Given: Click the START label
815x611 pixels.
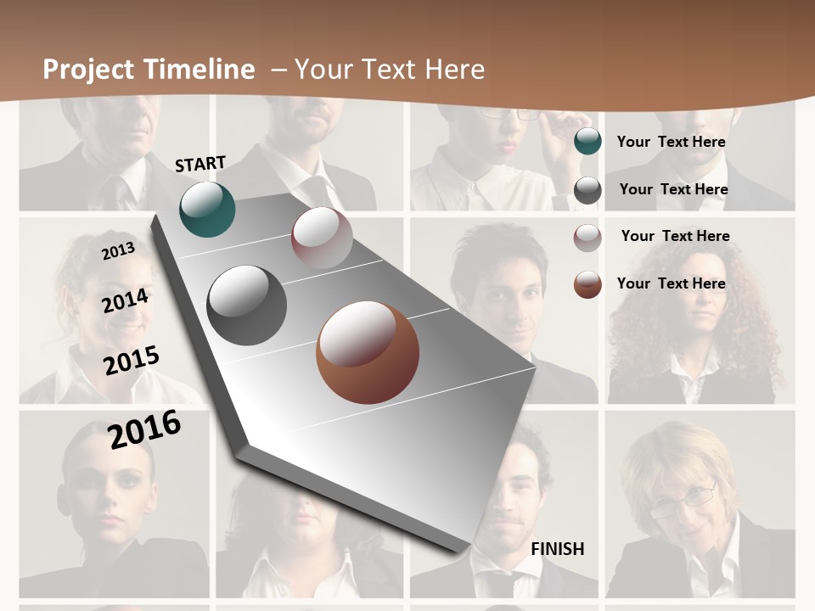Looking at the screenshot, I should tap(200, 164).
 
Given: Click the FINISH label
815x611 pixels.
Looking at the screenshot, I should tap(557, 549).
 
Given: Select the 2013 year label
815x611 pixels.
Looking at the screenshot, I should tap(118, 251).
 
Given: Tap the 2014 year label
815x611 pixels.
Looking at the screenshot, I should tap(126, 301).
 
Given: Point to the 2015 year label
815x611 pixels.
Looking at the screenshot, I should tap(132, 361).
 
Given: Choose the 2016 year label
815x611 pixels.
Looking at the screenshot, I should tap(144, 429).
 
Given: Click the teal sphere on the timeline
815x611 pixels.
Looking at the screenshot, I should tap(207, 209).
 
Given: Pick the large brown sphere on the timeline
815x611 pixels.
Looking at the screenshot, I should tap(367, 352).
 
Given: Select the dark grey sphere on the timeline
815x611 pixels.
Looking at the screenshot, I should tap(247, 305).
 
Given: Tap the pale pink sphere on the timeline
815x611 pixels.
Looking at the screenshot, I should tap(322, 238).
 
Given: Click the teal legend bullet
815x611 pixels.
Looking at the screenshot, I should tap(587, 142).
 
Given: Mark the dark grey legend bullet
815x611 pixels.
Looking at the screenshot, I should tap(587, 190).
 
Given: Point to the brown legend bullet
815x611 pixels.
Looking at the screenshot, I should tap(587, 284).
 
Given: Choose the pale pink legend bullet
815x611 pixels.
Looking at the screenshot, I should tap(587, 238).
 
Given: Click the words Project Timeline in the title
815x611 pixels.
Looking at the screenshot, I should tap(149, 70).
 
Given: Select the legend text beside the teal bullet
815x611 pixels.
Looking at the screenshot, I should tap(671, 142).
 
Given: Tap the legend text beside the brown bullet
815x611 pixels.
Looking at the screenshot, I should tap(671, 283).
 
